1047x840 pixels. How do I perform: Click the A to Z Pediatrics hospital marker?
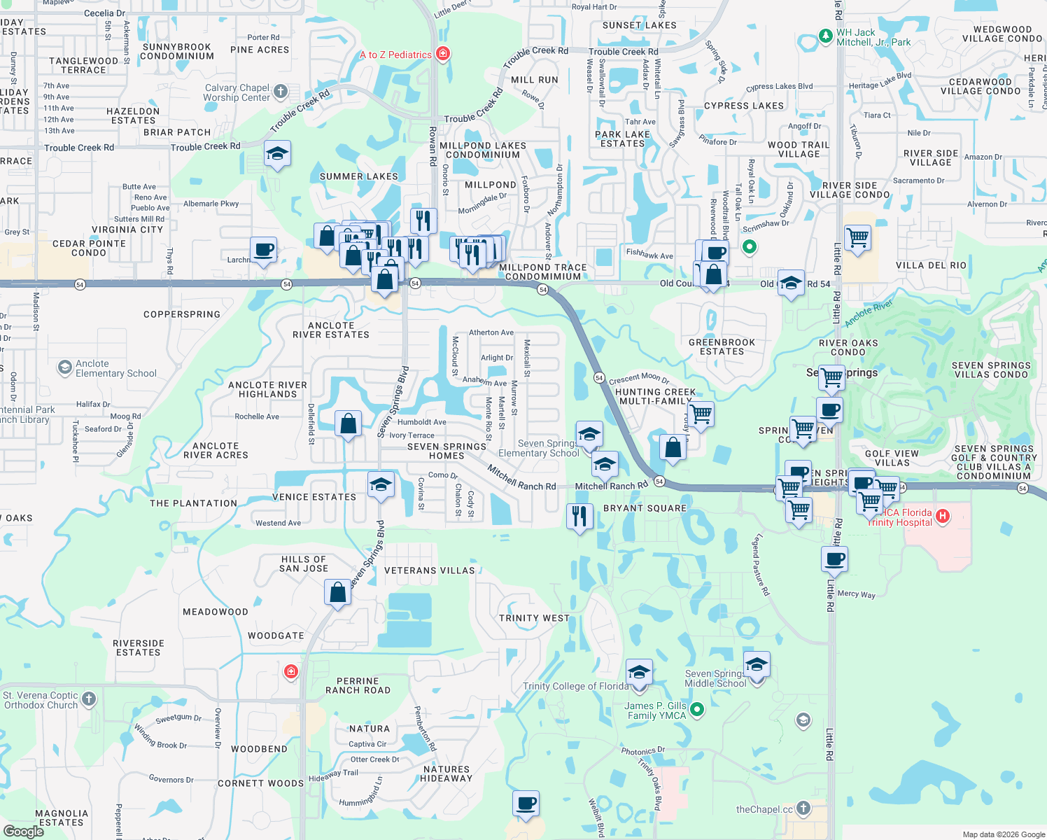(x=442, y=54)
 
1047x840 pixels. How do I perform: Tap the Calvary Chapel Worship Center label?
(x=237, y=92)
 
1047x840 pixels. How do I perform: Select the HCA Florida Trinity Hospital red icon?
(x=943, y=517)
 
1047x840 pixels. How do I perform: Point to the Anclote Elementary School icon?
(x=65, y=367)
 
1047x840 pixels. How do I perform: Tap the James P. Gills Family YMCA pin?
(x=697, y=710)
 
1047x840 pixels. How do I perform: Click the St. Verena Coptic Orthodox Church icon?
(x=89, y=699)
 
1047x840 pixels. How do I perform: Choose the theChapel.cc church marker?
(x=803, y=808)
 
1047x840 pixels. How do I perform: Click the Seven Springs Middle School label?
(x=715, y=678)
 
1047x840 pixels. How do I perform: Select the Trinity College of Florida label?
(x=575, y=686)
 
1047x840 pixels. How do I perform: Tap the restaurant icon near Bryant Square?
(x=579, y=517)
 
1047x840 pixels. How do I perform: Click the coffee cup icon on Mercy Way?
(x=834, y=559)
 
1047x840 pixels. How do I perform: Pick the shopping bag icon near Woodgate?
(x=337, y=593)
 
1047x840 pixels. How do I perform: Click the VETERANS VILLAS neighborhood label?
(x=429, y=570)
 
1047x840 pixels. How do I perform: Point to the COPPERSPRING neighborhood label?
(x=182, y=314)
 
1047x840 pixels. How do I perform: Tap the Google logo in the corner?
(x=23, y=832)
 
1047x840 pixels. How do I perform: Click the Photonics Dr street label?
(x=642, y=751)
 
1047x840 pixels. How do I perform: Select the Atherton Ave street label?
(x=491, y=332)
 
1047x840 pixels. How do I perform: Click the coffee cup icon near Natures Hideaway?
(x=526, y=804)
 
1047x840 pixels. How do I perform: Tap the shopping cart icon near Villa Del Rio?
(x=857, y=238)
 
